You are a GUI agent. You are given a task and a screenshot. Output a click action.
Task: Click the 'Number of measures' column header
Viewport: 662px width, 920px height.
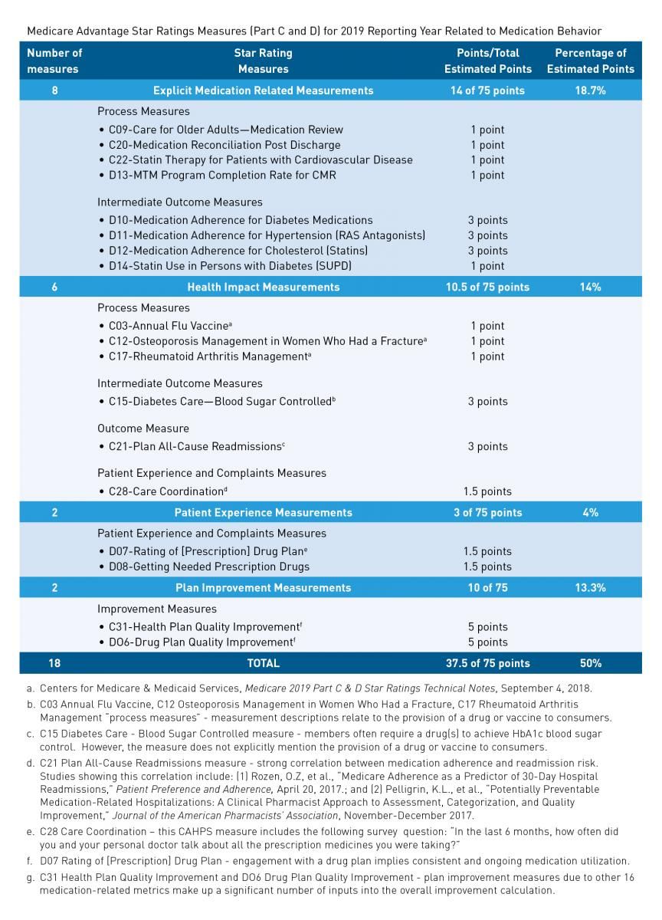click(x=54, y=61)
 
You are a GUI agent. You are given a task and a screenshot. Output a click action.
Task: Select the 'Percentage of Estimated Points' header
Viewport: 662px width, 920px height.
click(x=590, y=61)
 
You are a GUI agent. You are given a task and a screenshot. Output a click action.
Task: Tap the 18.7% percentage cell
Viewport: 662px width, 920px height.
click(x=590, y=90)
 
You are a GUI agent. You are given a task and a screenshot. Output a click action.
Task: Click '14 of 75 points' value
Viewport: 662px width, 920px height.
click(x=487, y=90)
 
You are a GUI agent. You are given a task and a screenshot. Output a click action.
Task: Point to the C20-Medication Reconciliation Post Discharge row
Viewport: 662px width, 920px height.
click(x=219, y=145)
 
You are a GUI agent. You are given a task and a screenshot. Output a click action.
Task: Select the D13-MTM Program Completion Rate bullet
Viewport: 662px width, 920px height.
click(x=217, y=175)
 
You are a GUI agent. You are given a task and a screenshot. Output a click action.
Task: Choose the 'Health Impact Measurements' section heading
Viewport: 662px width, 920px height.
click(x=263, y=287)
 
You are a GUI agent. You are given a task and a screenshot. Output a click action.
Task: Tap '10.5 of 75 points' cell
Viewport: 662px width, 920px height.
click(x=487, y=287)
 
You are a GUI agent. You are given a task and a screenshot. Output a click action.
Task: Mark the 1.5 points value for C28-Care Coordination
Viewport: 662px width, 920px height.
click(x=487, y=491)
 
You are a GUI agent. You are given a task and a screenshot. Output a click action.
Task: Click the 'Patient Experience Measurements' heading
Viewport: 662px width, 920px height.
click(x=263, y=512)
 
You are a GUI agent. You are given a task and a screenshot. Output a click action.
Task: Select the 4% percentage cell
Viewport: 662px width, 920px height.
click(x=590, y=512)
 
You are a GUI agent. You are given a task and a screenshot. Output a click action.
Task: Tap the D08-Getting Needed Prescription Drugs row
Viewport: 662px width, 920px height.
click(x=203, y=567)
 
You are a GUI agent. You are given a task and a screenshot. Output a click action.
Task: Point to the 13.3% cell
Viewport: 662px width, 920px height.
click(x=590, y=588)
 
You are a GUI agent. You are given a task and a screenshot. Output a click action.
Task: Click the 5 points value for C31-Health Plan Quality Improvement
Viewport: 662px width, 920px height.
click(x=487, y=627)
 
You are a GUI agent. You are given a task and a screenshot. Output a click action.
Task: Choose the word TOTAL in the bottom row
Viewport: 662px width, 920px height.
click(x=263, y=663)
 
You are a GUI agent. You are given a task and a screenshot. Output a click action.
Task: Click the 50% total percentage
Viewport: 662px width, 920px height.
click(x=590, y=663)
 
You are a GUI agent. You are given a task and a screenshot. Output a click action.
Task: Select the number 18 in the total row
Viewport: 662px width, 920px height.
click(x=54, y=663)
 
